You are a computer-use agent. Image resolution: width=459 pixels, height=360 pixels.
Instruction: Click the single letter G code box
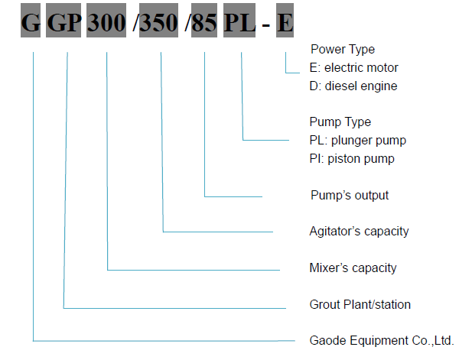click(x=31, y=20)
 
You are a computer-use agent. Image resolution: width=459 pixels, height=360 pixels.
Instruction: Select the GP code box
click(x=63, y=20)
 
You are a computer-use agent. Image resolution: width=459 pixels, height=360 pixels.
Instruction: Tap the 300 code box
click(x=106, y=20)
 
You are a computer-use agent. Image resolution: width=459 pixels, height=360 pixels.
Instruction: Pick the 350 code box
click(x=158, y=20)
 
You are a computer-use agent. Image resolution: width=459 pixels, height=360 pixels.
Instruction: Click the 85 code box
click(x=204, y=20)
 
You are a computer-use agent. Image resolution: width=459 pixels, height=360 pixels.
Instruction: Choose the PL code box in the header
click(x=239, y=20)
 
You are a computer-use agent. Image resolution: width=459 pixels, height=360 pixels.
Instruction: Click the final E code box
click(x=285, y=20)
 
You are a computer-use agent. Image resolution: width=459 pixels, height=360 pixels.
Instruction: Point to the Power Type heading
click(x=343, y=50)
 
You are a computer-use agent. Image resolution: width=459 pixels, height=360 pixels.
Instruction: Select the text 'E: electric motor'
click(x=353, y=68)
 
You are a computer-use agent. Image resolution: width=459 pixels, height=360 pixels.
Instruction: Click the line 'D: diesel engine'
click(x=353, y=86)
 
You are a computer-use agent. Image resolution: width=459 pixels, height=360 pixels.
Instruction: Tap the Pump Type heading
click(x=340, y=122)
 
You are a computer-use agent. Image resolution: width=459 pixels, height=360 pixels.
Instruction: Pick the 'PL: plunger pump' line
click(x=358, y=141)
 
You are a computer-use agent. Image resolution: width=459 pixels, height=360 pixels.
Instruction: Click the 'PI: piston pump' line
click(x=352, y=159)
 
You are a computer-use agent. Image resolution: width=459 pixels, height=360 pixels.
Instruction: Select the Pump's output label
click(x=350, y=196)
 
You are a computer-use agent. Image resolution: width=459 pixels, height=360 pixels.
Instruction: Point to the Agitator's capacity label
click(x=359, y=232)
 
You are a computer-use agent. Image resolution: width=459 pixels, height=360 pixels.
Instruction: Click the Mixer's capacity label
click(x=353, y=268)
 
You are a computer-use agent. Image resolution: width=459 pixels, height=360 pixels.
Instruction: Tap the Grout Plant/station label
click(x=360, y=305)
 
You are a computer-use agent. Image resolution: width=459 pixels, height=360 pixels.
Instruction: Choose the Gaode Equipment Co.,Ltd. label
click(x=382, y=341)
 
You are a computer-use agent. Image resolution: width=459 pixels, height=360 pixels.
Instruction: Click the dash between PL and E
click(x=265, y=26)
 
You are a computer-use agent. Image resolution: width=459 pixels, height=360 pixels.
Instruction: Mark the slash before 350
click(x=135, y=22)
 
